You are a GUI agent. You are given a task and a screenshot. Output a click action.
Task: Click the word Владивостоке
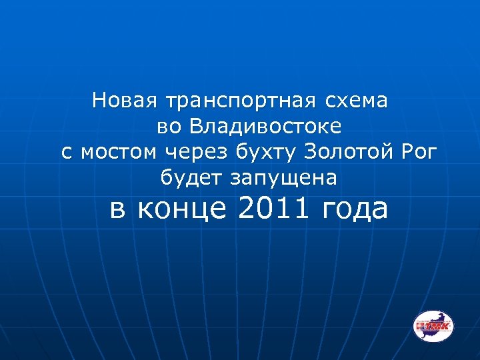(x=265, y=126)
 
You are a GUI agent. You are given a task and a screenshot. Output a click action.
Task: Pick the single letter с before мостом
(x=66, y=153)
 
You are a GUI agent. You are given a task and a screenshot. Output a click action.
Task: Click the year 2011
(x=274, y=208)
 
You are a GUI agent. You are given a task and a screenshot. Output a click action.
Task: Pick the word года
(x=354, y=209)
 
